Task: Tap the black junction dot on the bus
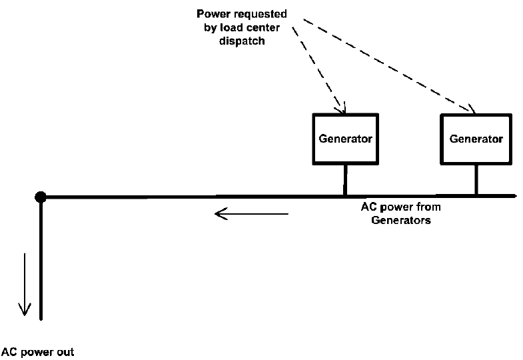[41, 197]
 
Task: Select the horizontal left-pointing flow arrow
[251, 214]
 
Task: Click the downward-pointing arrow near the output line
[25, 284]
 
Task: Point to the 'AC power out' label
[37, 351]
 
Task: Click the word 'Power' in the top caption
[212, 13]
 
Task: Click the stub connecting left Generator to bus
[344, 180]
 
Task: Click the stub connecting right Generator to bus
[476, 180]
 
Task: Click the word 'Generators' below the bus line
[400, 219]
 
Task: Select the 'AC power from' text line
[400, 207]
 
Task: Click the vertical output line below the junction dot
[41, 260]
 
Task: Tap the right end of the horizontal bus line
[513, 196]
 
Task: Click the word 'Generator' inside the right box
[476, 139]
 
